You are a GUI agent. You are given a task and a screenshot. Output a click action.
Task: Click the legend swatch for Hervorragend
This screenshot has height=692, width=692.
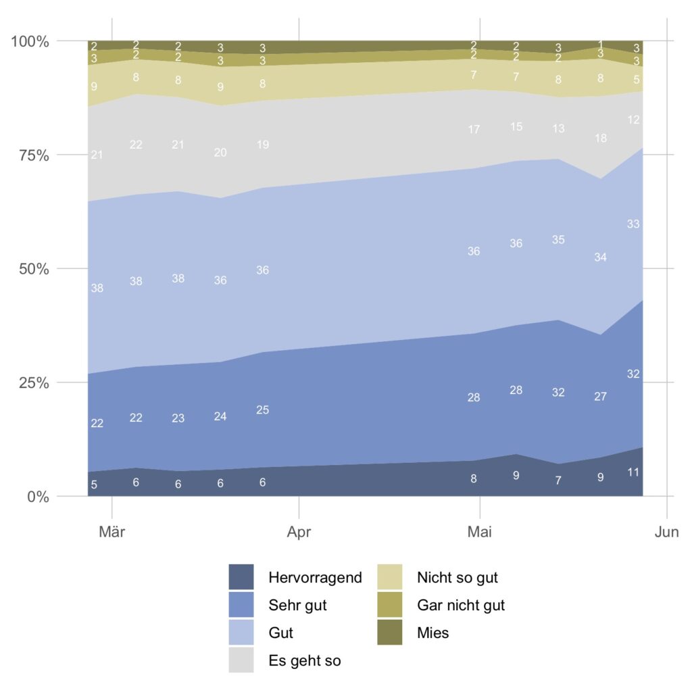[x=241, y=577]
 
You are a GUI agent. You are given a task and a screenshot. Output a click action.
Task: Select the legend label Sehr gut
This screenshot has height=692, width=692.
[x=297, y=605]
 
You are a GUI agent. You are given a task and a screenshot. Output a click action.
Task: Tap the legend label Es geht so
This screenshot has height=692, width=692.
[x=304, y=661]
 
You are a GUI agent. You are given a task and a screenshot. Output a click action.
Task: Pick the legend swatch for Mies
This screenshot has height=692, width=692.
[x=390, y=633]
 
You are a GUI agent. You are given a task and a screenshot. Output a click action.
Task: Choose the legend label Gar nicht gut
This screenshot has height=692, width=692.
[x=461, y=605]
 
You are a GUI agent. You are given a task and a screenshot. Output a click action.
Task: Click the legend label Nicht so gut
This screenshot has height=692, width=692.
[x=458, y=578]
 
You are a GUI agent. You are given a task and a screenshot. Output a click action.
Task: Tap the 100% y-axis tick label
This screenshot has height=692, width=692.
[x=30, y=41]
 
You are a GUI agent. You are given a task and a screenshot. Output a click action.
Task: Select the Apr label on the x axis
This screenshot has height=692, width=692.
[x=299, y=533]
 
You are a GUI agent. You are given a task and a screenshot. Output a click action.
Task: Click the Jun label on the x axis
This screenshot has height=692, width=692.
[x=666, y=533]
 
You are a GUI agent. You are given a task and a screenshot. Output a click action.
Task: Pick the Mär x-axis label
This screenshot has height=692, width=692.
[x=112, y=533]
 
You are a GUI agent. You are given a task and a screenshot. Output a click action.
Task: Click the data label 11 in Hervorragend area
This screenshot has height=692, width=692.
[x=633, y=472]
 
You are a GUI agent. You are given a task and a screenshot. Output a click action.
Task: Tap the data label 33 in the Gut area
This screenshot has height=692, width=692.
[x=633, y=224]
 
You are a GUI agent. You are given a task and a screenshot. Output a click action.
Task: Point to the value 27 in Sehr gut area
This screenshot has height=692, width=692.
[x=600, y=397]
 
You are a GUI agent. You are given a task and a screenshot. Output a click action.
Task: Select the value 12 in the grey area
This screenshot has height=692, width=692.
[x=633, y=120]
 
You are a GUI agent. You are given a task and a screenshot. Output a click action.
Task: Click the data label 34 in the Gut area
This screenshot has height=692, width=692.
[x=600, y=257]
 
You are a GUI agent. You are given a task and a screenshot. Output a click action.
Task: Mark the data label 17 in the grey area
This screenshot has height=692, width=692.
[x=474, y=129]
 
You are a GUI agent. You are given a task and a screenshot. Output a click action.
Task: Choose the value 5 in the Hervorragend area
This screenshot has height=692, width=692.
[x=94, y=485]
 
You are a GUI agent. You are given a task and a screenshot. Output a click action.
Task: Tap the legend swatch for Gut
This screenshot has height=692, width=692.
[x=241, y=633]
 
